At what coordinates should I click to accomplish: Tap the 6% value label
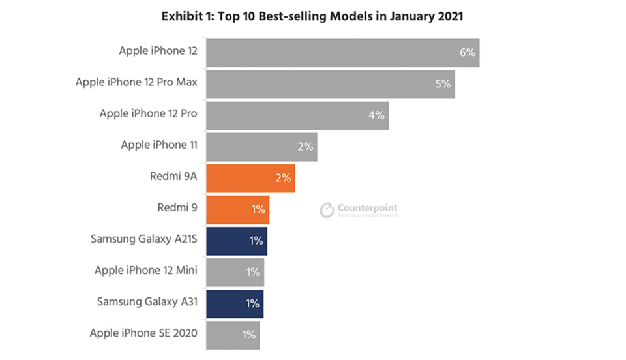(467, 52)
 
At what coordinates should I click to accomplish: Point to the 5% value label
(443, 84)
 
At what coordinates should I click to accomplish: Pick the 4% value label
(376, 115)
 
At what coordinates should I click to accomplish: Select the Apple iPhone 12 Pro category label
(148, 113)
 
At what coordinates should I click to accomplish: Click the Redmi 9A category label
(173, 176)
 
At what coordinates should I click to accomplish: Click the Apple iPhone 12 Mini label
(145, 270)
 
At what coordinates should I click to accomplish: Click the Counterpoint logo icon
(327, 210)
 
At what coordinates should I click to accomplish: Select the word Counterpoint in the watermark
(367, 208)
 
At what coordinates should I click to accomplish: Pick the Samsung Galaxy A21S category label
(143, 239)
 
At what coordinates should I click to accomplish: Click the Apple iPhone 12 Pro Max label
(136, 82)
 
